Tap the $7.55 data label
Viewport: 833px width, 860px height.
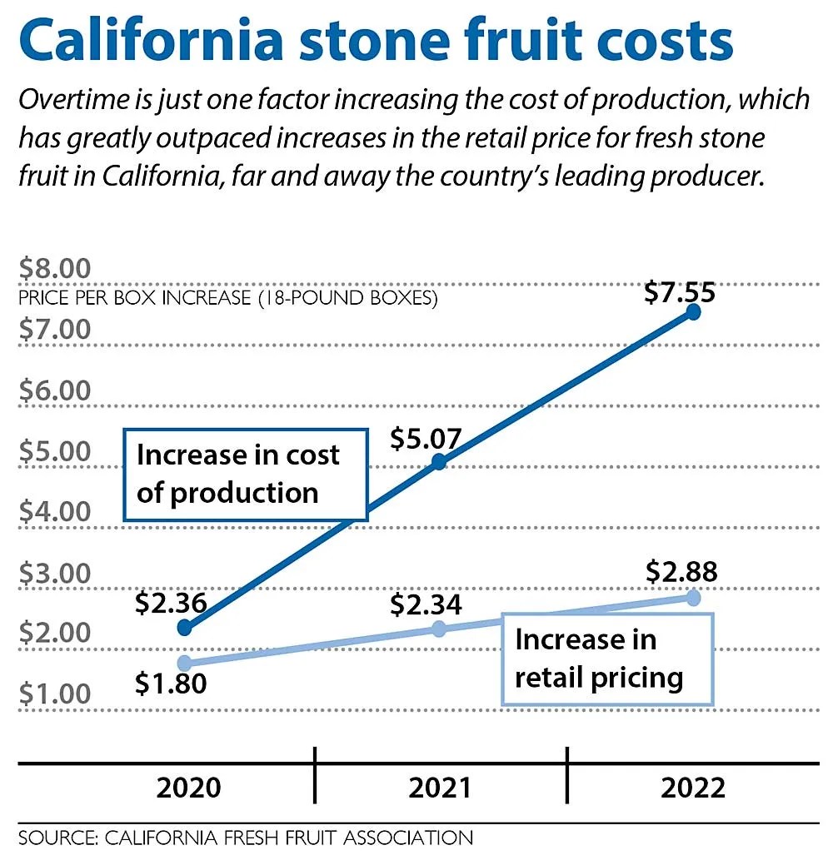[681, 293]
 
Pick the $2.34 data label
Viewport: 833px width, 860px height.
[426, 604]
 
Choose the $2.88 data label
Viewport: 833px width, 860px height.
[681, 573]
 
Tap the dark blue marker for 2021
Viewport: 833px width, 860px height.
[439, 462]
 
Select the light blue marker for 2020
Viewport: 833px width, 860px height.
[185, 664]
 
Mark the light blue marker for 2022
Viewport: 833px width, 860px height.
[692, 598]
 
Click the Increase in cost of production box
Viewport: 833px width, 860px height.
[246, 475]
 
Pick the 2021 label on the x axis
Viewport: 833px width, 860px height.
[439, 788]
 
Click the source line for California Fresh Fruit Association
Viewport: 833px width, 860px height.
[246, 837]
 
